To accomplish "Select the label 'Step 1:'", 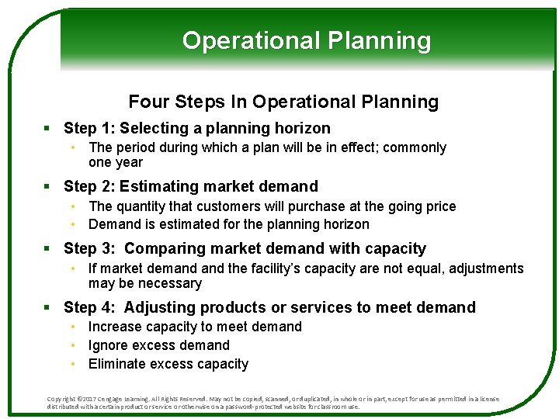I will pyautogui.click(x=89, y=129).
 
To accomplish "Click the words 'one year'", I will pyautogui.click(x=116, y=162).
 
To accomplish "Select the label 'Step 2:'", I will pyautogui.click(x=89, y=186).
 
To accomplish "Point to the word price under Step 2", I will pyautogui.click(x=439, y=206).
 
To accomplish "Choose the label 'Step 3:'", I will pyautogui.click(x=89, y=249).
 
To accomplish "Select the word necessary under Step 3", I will pyautogui.click(x=165, y=283).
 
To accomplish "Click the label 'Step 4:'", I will pyautogui.click(x=89, y=308).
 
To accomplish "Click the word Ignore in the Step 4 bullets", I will pyautogui.click(x=109, y=345).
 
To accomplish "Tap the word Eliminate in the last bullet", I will pyautogui.click(x=119, y=364).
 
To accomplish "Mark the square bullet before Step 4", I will pyautogui.click(x=48, y=308).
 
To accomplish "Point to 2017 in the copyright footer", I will pyautogui.click(x=92, y=399).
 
